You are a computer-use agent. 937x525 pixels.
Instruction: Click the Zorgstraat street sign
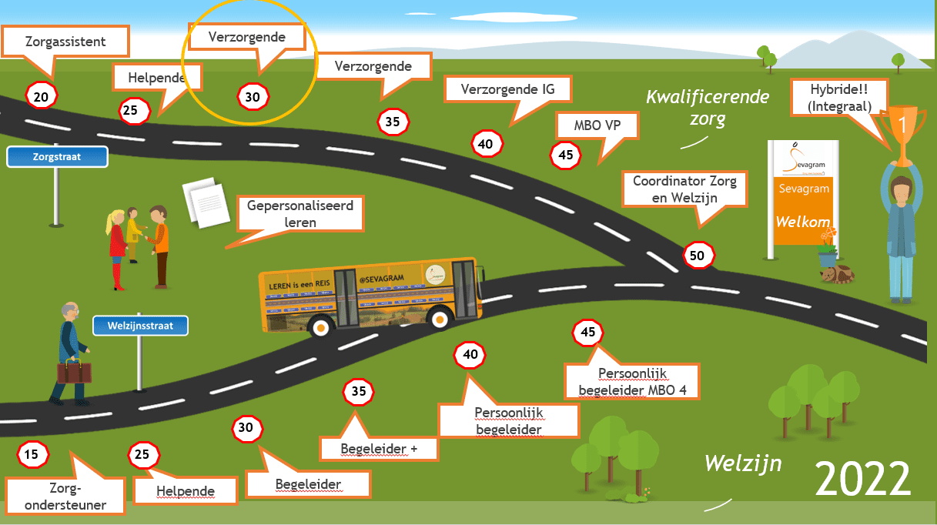pos(57,157)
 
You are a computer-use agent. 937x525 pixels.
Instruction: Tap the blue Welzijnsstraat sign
pos(140,326)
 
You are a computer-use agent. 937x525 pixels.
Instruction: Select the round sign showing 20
pos(42,96)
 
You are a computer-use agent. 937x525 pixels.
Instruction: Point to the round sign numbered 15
pos(32,454)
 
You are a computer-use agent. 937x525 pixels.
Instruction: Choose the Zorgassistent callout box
pos(65,42)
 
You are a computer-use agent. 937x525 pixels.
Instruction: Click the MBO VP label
pos(597,125)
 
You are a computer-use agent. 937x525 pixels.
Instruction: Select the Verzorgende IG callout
pos(507,89)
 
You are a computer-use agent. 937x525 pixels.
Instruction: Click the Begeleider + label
pos(379,448)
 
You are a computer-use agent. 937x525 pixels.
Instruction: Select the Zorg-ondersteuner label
pos(65,497)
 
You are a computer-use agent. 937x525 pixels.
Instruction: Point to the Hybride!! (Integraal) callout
pos(839,98)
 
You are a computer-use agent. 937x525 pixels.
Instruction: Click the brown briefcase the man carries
pos(74,372)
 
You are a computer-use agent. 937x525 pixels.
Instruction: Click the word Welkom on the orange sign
pos(802,222)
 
